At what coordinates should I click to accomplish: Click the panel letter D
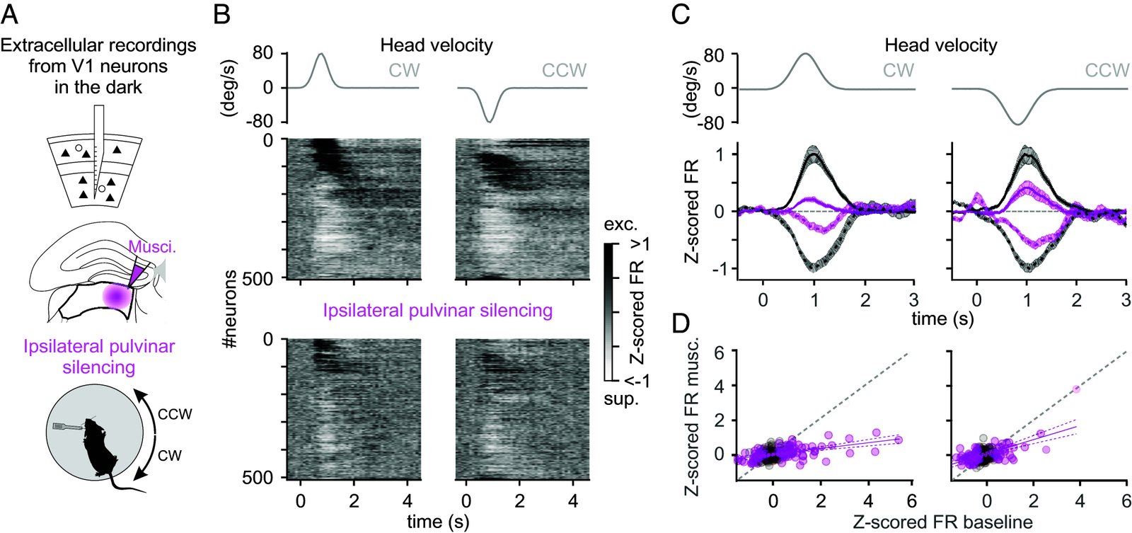coord(681,323)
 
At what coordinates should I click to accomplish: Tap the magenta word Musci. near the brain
coord(152,246)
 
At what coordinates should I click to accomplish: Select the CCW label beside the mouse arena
coord(175,414)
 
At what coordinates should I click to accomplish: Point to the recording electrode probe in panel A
coord(98,152)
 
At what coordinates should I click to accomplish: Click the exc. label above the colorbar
coord(620,225)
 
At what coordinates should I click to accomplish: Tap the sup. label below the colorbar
coord(620,399)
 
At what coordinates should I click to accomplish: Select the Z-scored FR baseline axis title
coord(942,522)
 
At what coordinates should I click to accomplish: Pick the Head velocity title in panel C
coord(940,45)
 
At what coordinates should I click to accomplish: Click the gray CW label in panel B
coord(404,70)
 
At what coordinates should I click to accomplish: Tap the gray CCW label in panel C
coord(1107,70)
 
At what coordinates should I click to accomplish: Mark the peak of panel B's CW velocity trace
coord(321,54)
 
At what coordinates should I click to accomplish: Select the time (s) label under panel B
coord(438,522)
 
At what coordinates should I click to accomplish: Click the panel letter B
coord(221,15)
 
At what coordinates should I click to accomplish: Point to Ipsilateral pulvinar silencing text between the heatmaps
coord(437,310)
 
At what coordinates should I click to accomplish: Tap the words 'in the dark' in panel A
coord(98,87)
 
